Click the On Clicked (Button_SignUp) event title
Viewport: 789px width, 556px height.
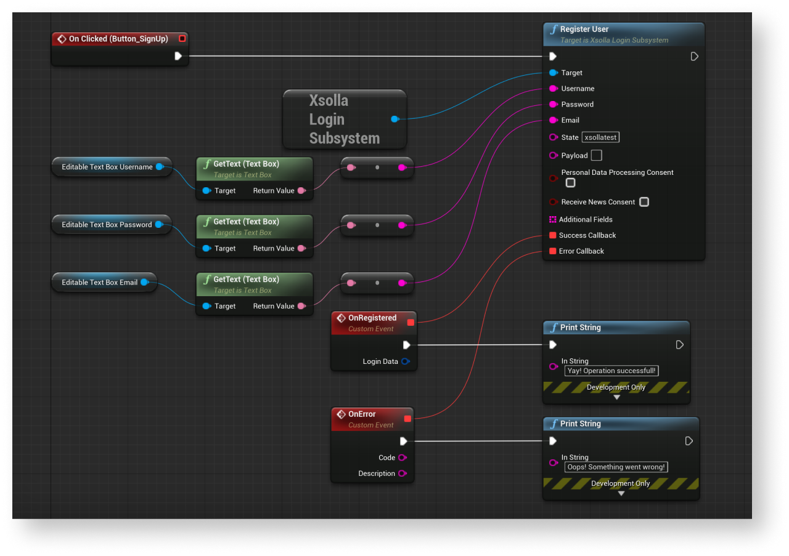pos(118,39)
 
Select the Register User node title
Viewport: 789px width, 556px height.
pos(584,30)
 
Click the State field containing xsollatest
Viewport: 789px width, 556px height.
pos(601,137)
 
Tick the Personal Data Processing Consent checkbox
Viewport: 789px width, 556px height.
pos(571,183)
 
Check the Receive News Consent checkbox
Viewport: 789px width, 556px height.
pos(644,202)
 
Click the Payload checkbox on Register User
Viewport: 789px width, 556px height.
pos(596,156)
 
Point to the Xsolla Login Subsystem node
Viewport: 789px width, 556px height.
pos(344,119)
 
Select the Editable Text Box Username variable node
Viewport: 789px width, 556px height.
pos(107,167)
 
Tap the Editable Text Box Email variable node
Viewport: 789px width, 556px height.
pos(99,283)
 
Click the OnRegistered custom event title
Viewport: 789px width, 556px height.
pos(372,318)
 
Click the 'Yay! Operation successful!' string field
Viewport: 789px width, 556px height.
pos(611,371)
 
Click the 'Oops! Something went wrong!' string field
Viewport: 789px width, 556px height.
pos(616,467)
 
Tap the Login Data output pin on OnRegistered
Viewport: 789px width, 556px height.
pos(405,361)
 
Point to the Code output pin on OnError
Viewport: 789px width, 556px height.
pos(402,457)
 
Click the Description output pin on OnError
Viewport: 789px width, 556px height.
pos(402,473)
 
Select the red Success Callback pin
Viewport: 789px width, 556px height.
pos(553,235)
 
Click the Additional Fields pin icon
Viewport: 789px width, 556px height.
pos(553,219)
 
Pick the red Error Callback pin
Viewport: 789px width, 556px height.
pos(553,251)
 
